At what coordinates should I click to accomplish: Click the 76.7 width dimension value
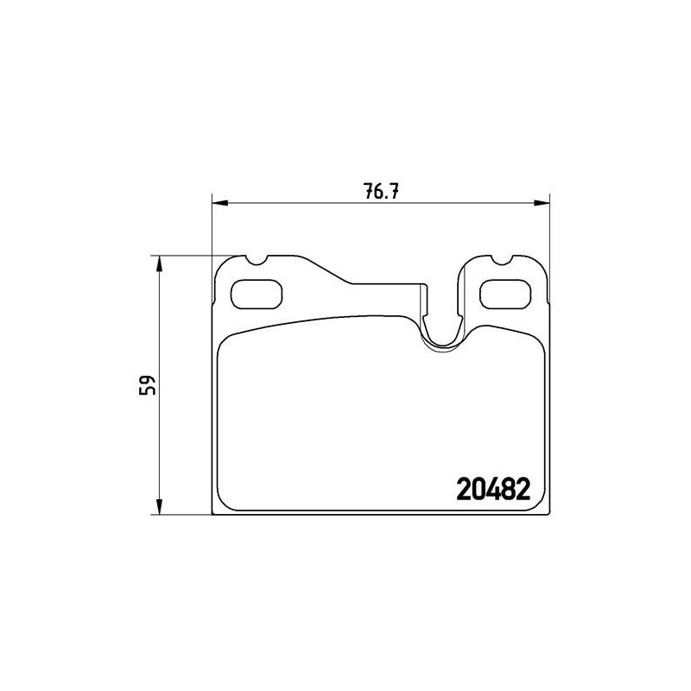tap(381, 192)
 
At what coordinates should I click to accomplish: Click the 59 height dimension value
tap(148, 384)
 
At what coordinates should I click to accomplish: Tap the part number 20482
tap(493, 490)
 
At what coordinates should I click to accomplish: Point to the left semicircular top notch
tap(256, 263)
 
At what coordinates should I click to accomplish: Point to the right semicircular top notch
tap(502, 263)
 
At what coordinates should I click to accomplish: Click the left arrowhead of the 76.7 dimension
tap(220, 203)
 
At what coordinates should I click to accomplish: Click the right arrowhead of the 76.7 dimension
tap(542, 203)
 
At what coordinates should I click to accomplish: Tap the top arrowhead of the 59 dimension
tap(160, 264)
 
